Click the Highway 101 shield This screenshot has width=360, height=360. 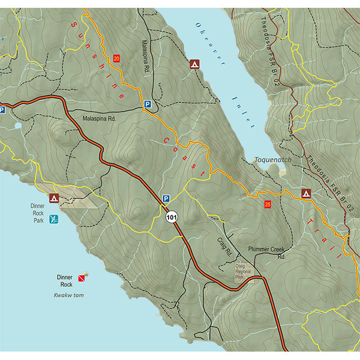pyautogui.click(x=172, y=218)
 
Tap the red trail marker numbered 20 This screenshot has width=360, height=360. pyautogui.click(x=116, y=58)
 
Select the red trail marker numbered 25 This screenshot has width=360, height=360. pyautogui.click(x=268, y=205)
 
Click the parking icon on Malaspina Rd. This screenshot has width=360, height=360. pyautogui.click(x=146, y=104)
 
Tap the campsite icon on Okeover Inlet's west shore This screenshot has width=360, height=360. pyautogui.click(x=194, y=64)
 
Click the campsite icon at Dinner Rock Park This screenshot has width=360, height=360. pyautogui.click(x=54, y=197)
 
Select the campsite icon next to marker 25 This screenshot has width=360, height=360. pyautogui.click(x=306, y=193)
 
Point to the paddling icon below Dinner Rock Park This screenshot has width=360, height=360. pyautogui.click(x=54, y=219)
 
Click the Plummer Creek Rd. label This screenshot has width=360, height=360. pyautogui.click(x=269, y=253)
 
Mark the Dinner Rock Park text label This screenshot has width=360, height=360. pyautogui.click(x=38, y=212)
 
